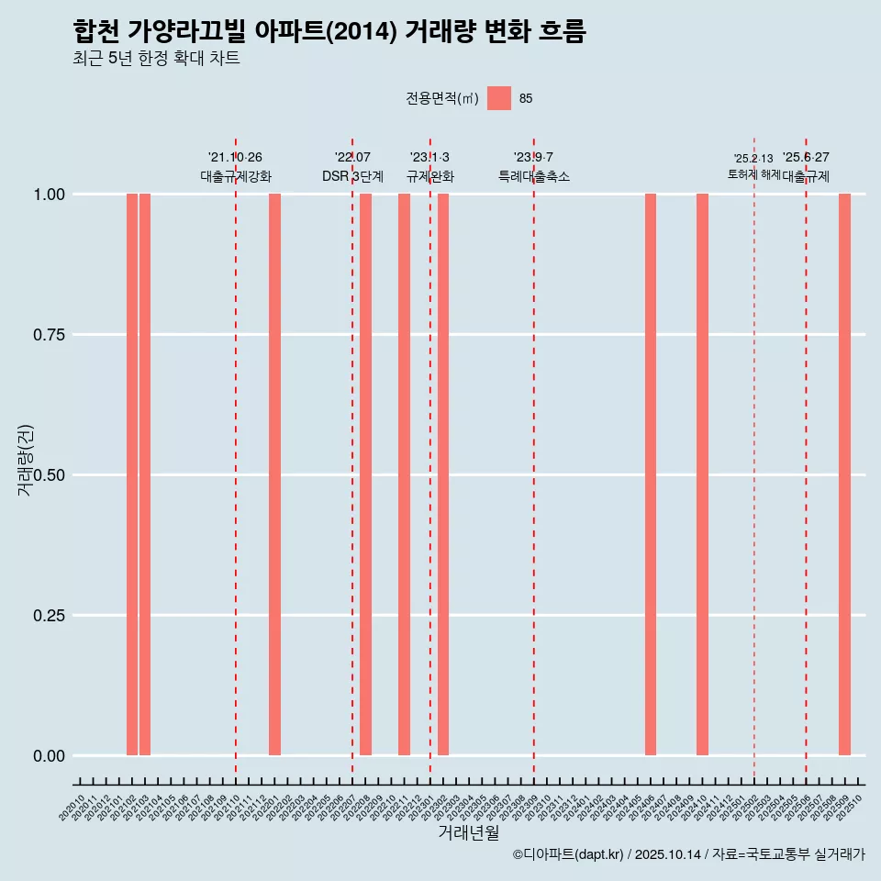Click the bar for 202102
132,474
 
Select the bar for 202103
145,474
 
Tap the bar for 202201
274,474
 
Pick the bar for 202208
365,474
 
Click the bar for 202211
404,474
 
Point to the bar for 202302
443,474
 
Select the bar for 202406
651,474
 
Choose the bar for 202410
702,474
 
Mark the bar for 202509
844,474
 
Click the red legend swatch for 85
499,98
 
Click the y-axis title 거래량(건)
26,460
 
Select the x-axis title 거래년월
468,833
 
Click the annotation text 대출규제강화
236,176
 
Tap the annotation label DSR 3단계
352,176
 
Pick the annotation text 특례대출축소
534,176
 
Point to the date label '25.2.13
753,159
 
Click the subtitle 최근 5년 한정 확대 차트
156,59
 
